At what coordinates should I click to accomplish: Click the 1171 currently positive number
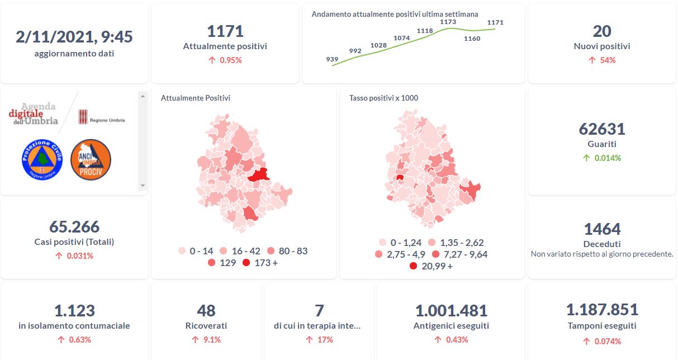[225, 31]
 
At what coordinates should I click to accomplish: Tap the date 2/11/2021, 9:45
[74, 37]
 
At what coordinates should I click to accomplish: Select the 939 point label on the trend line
[332, 59]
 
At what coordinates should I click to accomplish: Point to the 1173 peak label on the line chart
[448, 22]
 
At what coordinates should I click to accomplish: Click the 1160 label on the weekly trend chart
[472, 39]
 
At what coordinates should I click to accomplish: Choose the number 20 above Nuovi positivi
[601, 31]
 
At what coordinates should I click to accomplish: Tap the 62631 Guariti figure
[601, 129]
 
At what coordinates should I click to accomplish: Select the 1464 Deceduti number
[601, 229]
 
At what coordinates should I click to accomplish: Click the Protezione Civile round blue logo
[42, 159]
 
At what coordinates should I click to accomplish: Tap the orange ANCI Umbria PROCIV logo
[91, 159]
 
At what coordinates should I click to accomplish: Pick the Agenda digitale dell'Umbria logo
[34, 114]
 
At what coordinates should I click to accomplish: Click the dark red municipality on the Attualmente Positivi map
[258, 176]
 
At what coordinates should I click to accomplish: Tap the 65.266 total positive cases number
[74, 227]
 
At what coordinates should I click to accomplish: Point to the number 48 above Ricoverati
[206, 311]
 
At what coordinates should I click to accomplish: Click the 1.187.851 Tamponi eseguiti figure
[601, 310]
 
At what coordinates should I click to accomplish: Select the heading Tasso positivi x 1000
[383, 98]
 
